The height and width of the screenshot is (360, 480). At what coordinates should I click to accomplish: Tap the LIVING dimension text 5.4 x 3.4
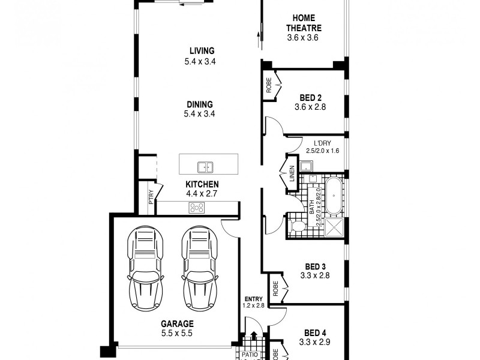point(202,61)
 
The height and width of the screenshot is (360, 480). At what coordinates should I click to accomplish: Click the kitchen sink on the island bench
point(206,167)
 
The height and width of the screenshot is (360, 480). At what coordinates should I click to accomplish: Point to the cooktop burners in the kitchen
point(196,208)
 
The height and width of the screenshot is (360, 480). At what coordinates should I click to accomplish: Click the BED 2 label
point(311,98)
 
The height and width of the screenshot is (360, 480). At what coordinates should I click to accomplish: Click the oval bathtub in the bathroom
point(331,195)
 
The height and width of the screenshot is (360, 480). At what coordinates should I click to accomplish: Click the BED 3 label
point(315,266)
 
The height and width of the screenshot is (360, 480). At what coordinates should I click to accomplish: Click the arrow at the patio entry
point(254,338)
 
